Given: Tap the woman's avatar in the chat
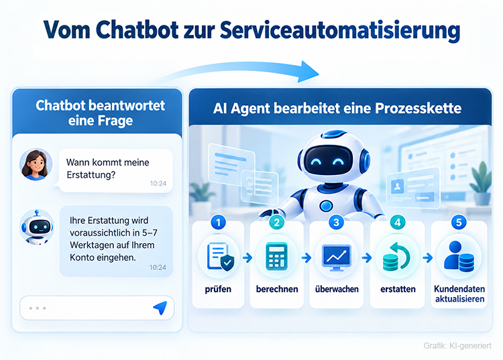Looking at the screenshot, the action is pyautogui.click(x=36, y=164).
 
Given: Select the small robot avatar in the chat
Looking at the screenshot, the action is pyautogui.click(x=36, y=227).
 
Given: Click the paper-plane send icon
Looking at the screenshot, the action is pyautogui.click(x=160, y=308).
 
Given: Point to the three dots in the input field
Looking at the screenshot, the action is pyautogui.click(x=38, y=308).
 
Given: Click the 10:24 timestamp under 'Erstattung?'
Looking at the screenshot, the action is pyautogui.click(x=158, y=184).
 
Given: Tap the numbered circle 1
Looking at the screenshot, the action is pyautogui.click(x=219, y=222).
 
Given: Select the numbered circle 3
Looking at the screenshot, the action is pyautogui.click(x=336, y=222).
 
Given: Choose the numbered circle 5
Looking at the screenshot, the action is pyautogui.click(x=459, y=222).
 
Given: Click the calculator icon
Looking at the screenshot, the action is pyautogui.click(x=276, y=256).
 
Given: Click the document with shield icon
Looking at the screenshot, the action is pyautogui.click(x=221, y=257).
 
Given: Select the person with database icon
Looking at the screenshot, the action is pyautogui.click(x=459, y=257).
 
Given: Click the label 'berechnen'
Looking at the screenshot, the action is pyautogui.click(x=277, y=289).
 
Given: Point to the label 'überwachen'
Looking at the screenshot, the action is pyautogui.click(x=337, y=289).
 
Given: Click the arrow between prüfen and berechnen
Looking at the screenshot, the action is pyautogui.click(x=247, y=257).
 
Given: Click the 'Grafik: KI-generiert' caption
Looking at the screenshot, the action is pyautogui.click(x=457, y=345).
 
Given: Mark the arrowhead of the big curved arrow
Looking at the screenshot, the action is pyautogui.click(x=308, y=72).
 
